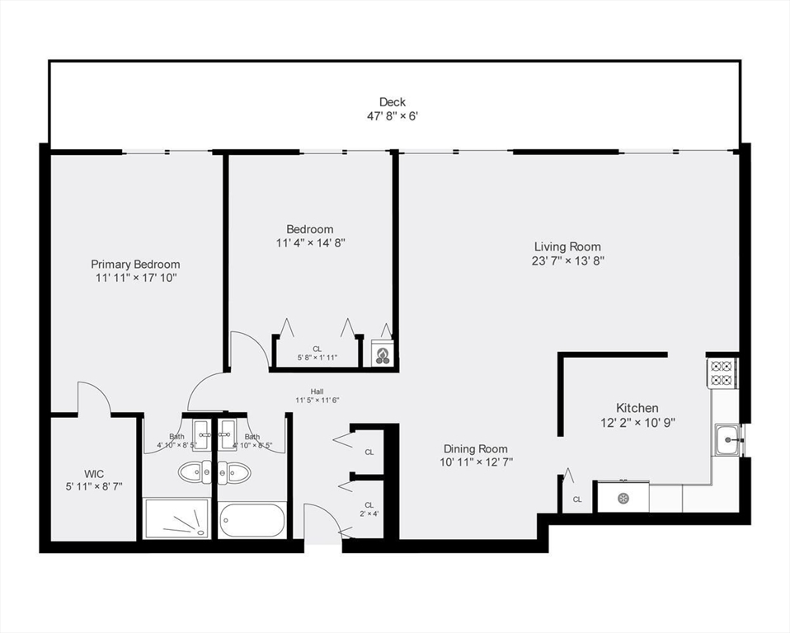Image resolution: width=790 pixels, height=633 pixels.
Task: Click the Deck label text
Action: (393, 102)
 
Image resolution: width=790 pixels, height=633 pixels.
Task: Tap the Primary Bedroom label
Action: (135, 265)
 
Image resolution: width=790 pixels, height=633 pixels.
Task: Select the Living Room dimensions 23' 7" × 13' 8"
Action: (567, 261)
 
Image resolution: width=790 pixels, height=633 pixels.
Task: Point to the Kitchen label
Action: (637, 408)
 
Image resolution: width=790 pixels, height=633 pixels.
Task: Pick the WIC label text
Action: (94, 474)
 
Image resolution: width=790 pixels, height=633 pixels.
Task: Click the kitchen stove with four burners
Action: (722, 373)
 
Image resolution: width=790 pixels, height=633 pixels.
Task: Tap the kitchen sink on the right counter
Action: (729, 439)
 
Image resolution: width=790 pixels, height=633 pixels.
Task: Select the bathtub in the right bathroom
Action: (252, 520)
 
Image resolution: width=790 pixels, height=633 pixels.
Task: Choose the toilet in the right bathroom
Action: (237, 471)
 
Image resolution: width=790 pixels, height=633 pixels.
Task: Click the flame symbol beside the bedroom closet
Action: (383, 355)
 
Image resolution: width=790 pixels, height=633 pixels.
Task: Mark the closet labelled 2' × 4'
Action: (369, 509)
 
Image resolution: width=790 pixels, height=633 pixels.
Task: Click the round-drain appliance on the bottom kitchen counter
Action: (623, 498)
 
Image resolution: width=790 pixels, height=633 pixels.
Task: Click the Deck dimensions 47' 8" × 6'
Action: (393, 116)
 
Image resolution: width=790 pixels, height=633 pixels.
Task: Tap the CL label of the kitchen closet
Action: (577, 499)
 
